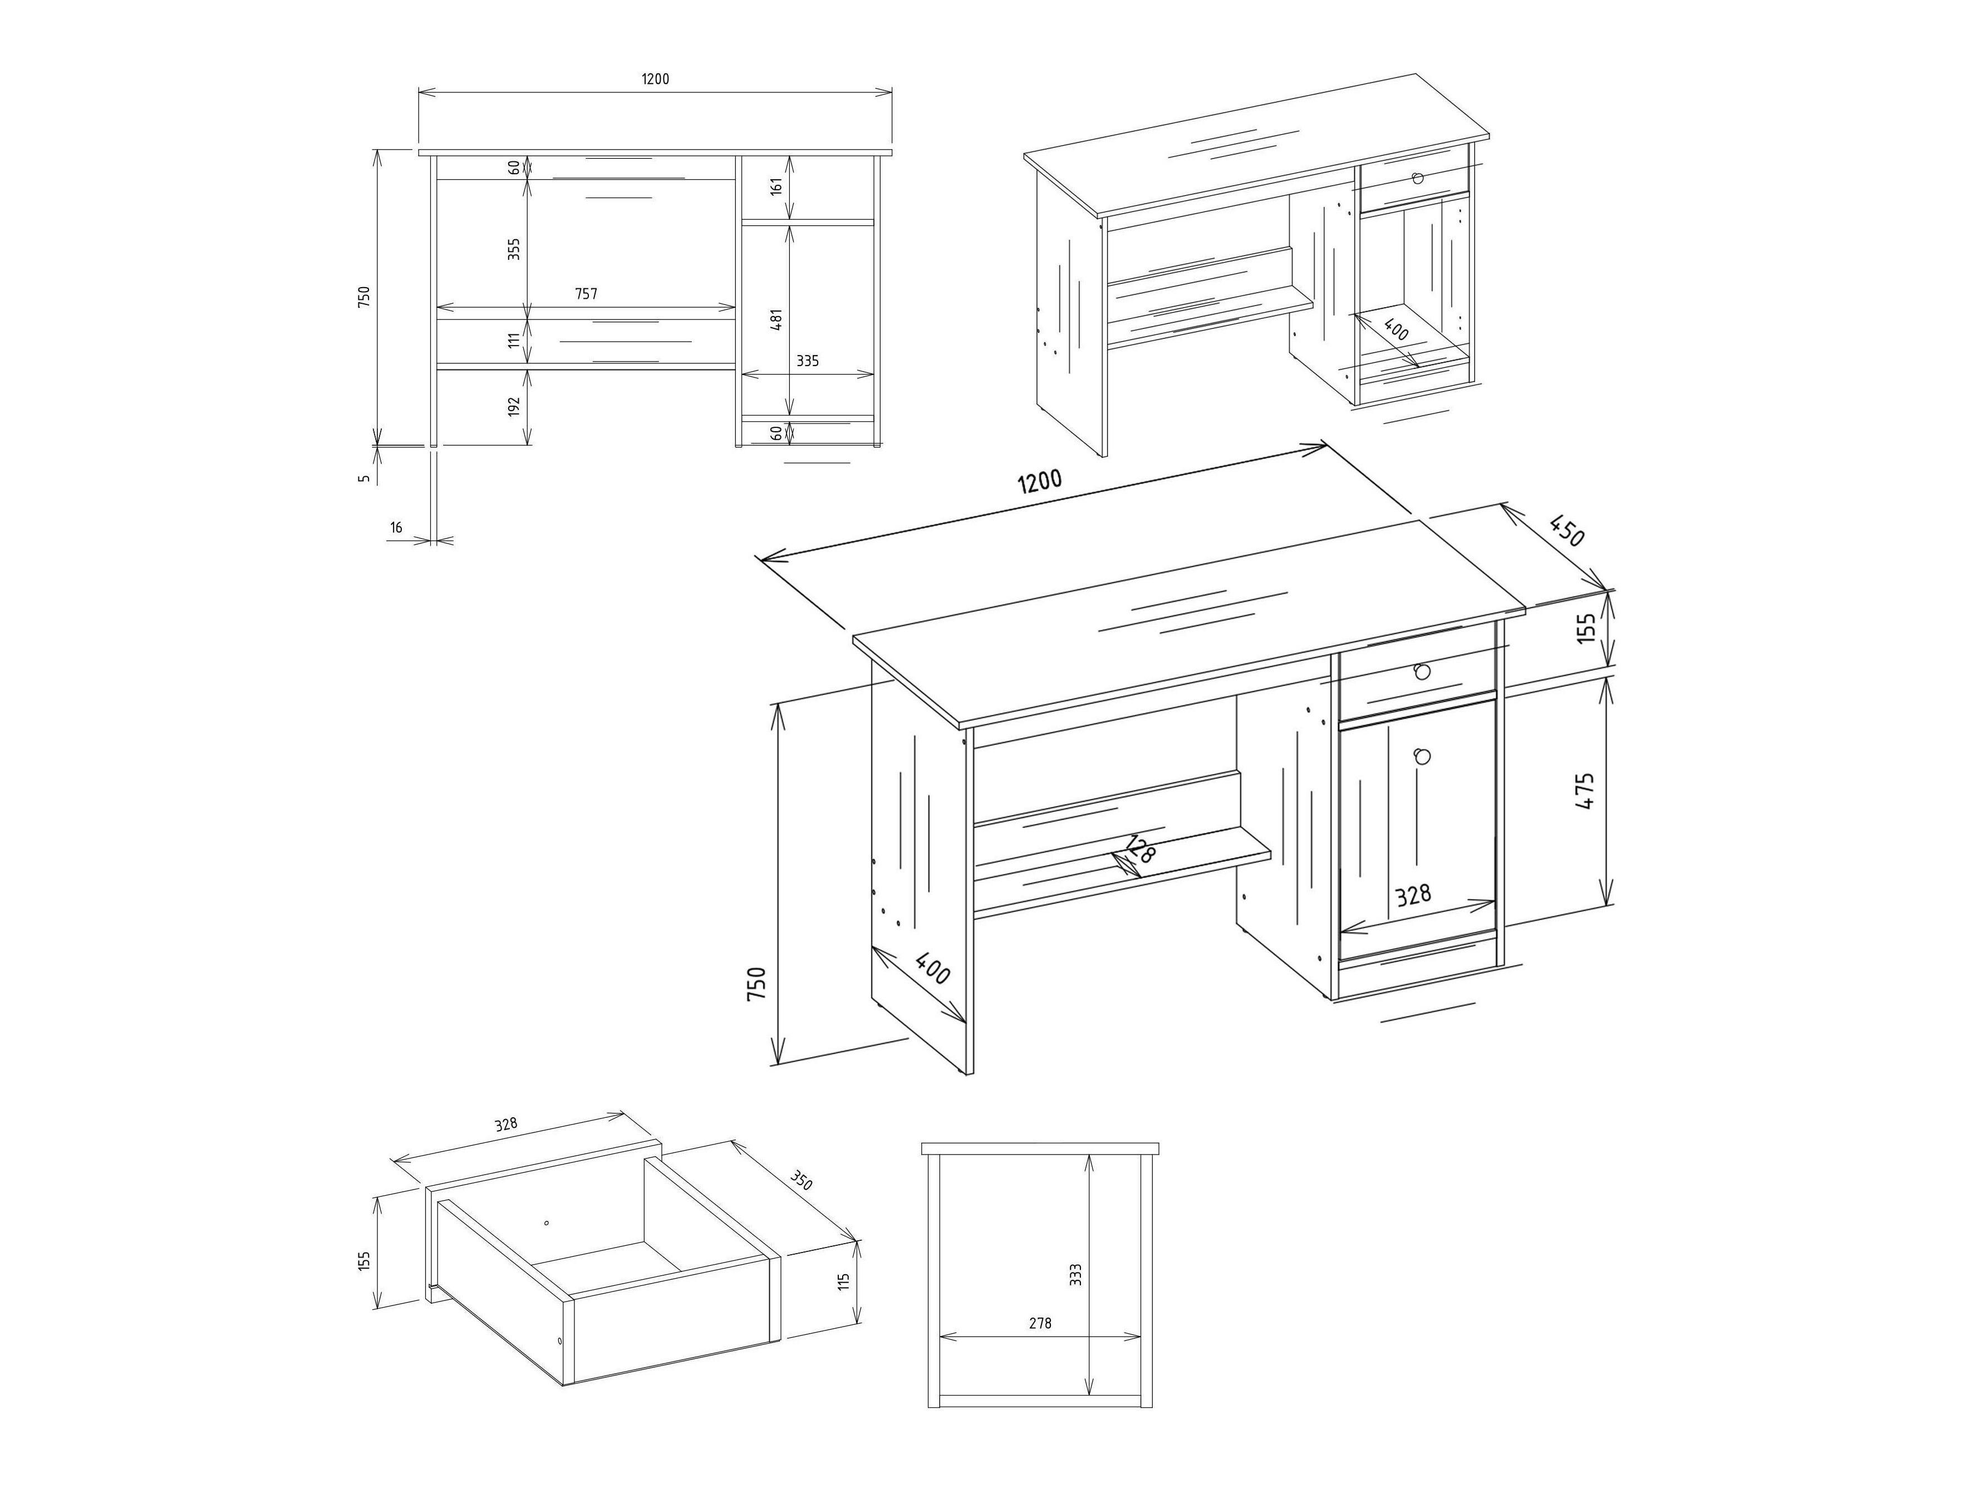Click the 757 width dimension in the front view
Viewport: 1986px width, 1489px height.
click(586, 293)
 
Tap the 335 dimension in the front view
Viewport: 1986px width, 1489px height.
click(807, 361)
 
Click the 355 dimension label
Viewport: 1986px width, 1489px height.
click(514, 249)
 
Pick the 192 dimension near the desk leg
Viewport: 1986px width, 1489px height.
click(514, 407)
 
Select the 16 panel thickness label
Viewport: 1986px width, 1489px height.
click(396, 527)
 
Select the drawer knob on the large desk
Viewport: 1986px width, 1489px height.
click(1421, 672)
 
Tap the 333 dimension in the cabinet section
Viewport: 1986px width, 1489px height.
click(1075, 1274)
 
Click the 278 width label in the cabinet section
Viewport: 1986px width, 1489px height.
click(1040, 1323)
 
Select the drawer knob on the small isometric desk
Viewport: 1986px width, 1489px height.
click(1418, 178)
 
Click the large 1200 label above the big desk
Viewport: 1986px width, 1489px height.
click(1040, 482)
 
